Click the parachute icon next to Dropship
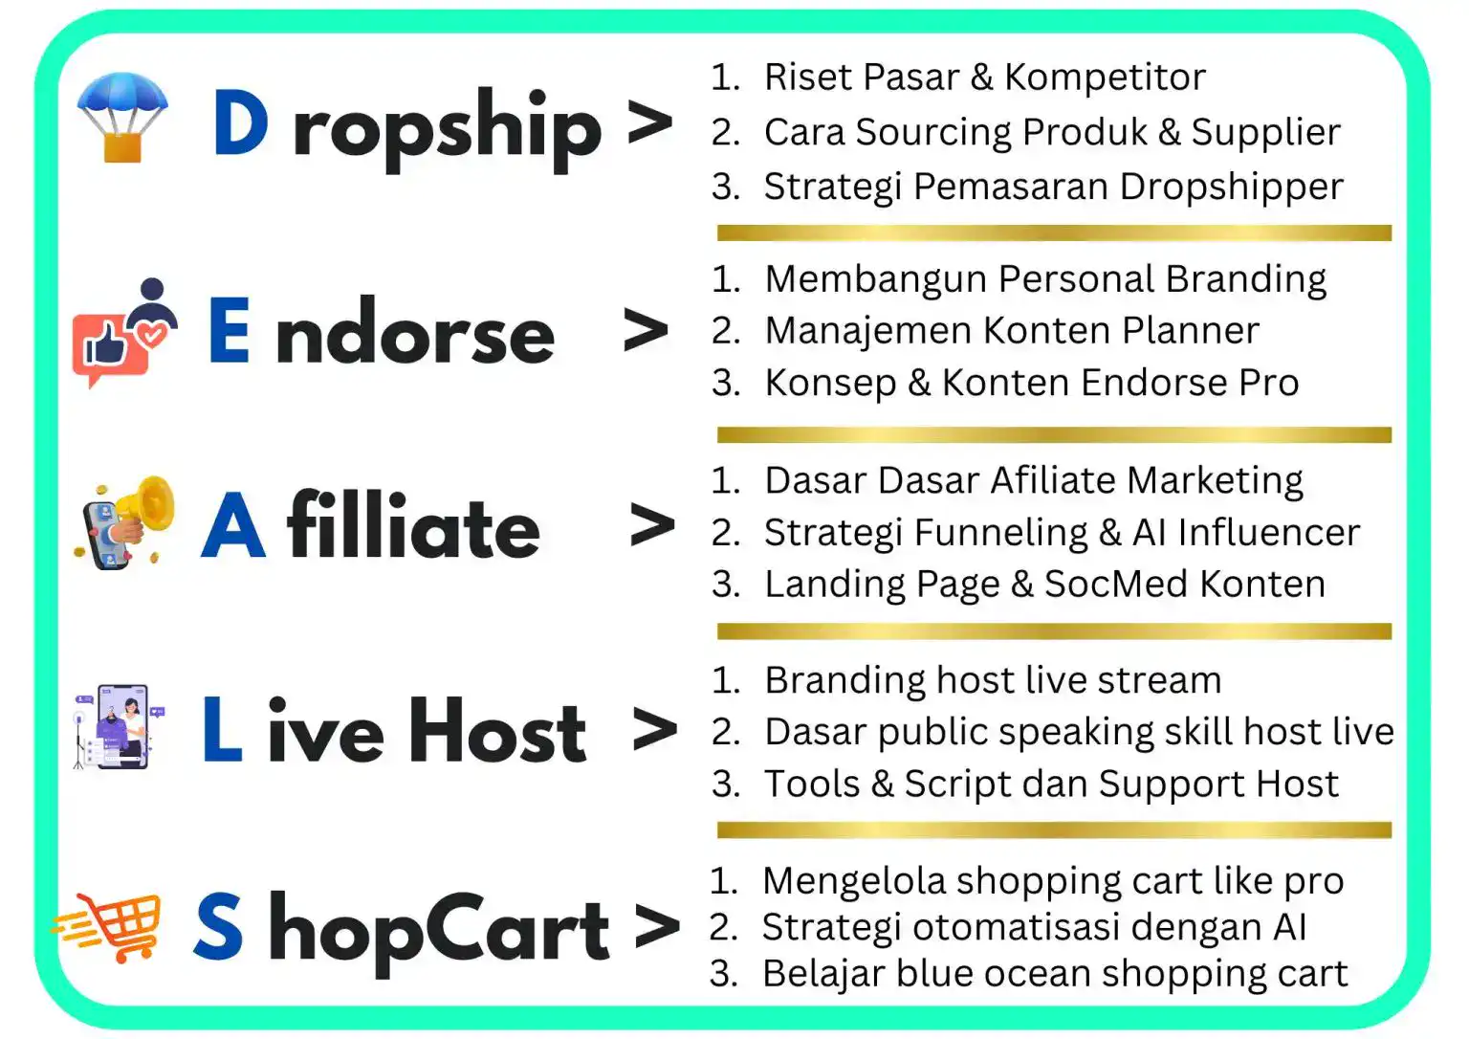pyautogui.click(x=122, y=117)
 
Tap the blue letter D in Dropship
pyautogui.click(x=240, y=122)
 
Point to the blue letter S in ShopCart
pyautogui.click(x=218, y=925)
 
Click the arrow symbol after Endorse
pyautogui.click(x=646, y=329)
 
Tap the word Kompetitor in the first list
pyautogui.click(x=1105, y=77)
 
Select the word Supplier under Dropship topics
pyautogui.click(x=1265, y=133)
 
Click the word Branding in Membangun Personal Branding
pyautogui.click(x=1246, y=280)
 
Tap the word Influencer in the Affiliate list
pyautogui.click(x=1268, y=532)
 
